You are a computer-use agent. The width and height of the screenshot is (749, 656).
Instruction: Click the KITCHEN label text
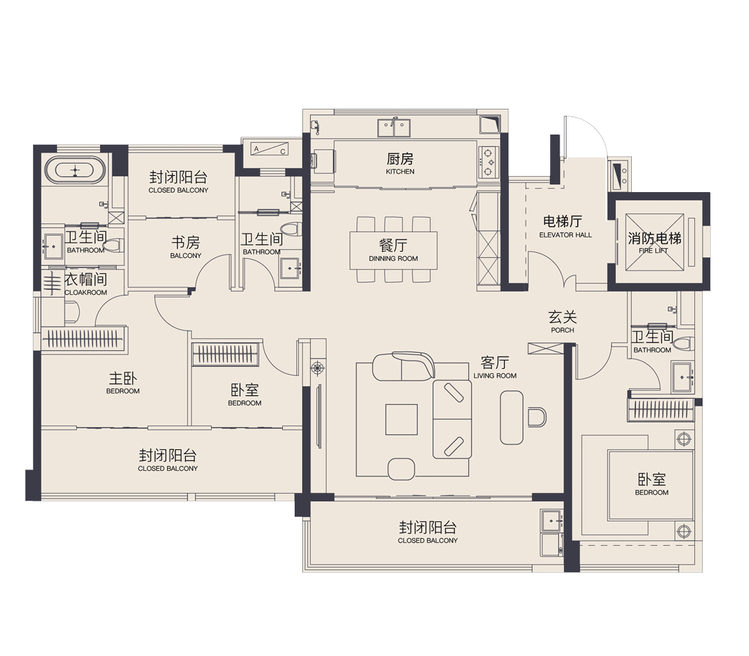400,171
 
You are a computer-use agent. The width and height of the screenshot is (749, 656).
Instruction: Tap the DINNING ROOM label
393,259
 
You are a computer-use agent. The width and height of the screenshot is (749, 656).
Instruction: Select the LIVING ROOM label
495,376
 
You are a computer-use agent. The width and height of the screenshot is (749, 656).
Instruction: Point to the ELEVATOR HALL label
565,235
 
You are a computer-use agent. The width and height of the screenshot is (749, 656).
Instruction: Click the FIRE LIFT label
653,251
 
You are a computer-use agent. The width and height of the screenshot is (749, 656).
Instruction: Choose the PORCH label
562,330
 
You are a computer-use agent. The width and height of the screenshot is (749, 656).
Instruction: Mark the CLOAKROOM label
86,293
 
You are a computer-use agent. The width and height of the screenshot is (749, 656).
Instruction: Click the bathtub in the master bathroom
76,170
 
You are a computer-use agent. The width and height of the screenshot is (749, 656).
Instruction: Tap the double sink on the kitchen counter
394,127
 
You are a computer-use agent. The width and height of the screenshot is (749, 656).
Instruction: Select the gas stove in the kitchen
489,161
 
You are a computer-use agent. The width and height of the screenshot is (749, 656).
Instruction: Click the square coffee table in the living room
402,419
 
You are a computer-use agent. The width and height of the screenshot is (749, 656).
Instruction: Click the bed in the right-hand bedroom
650,485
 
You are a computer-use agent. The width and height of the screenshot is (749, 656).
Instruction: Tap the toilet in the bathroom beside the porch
684,343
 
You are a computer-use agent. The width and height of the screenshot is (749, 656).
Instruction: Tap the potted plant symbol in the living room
318,368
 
